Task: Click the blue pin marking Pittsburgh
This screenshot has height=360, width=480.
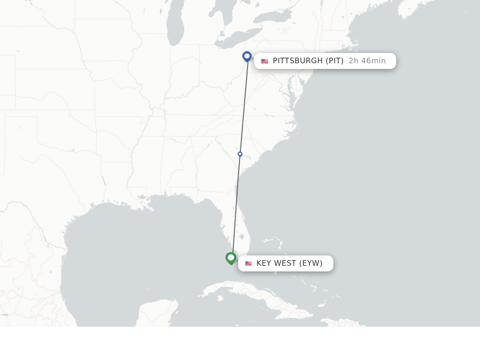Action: click(x=247, y=56)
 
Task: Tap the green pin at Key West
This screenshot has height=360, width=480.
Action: click(x=231, y=258)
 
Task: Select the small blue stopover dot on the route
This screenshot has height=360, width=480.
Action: click(x=240, y=154)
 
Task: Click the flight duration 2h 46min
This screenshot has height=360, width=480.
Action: click(x=367, y=61)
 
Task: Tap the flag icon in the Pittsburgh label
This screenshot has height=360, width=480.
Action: click(x=264, y=61)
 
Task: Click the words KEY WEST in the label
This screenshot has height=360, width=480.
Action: click(x=276, y=263)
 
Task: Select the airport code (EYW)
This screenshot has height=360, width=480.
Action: click(x=311, y=263)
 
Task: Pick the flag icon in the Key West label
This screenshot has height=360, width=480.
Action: click(x=248, y=264)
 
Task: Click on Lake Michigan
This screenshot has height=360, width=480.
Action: click(x=175, y=28)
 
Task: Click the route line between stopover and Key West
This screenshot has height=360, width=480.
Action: click(x=236, y=206)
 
